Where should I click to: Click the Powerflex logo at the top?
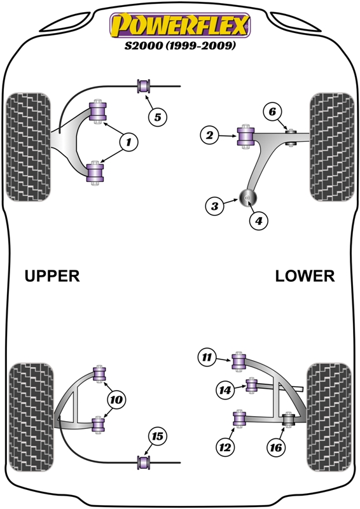click(180, 26)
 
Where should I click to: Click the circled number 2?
click(209, 135)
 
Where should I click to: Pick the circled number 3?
click(215, 206)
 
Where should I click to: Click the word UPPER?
click(52, 275)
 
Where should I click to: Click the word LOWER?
click(305, 275)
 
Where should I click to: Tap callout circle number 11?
click(206, 358)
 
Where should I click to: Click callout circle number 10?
click(116, 400)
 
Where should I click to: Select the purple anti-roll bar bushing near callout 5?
click(144, 85)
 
